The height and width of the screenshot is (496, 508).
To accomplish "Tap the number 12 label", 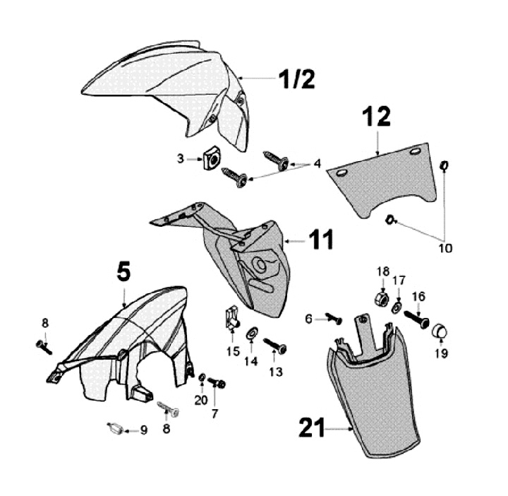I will tap(377, 117).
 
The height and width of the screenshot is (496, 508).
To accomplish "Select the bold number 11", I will tap(322, 240).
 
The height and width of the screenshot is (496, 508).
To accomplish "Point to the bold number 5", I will tap(123, 271).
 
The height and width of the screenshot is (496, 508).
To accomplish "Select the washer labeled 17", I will tap(398, 308).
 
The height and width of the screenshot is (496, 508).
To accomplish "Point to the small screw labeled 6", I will tap(333, 319).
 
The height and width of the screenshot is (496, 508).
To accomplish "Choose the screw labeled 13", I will tap(276, 346).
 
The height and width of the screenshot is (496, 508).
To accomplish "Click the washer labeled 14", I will tap(251, 333).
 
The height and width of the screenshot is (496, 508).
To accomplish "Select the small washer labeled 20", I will tap(202, 379).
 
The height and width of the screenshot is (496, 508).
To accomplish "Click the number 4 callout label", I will tap(317, 163).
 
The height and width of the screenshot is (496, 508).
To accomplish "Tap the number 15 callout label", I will tap(234, 352).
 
